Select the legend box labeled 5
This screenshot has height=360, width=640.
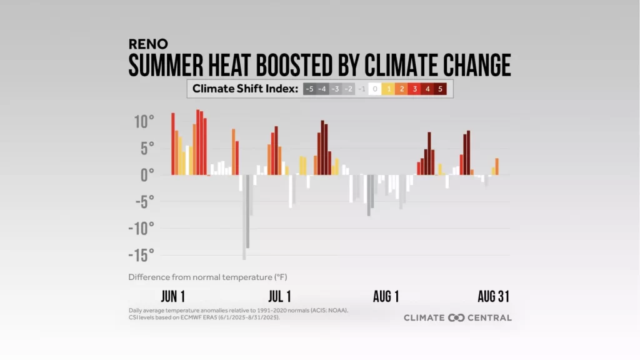pyautogui.click(x=440, y=89)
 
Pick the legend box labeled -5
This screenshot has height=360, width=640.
pyautogui.click(x=309, y=89)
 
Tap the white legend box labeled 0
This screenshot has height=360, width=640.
pyautogui.click(x=374, y=89)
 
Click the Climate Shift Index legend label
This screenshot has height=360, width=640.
pyautogui.click(x=244, y=89)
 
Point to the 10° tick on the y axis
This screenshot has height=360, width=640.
pyautogui.click(x=143, y=121)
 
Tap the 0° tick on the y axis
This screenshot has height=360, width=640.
pyautogui.click(x=147, y=175)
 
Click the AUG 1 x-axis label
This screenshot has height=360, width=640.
pyautogui.click(x=386, y=296)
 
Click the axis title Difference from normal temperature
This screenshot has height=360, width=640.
pyautogui.click(x=207, y=276)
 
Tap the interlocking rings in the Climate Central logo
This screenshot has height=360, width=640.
pyautogui.click(x=457, y=317)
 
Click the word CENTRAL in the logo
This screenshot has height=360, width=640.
pyautogui.click(x=489, y=317)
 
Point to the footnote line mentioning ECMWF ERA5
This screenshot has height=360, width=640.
pyautogui.click(x=204, y=317)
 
